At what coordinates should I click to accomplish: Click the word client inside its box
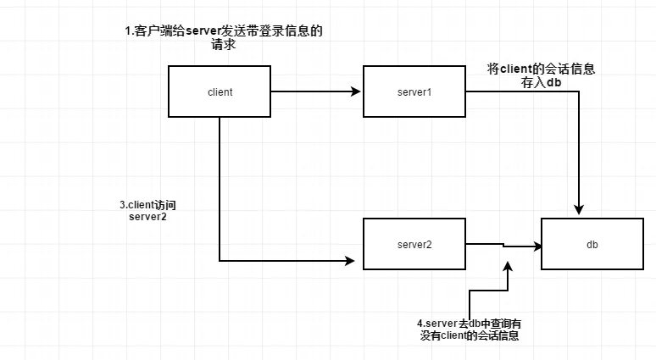[x=220, y=91]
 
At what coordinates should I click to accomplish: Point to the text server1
[x=414, y=91]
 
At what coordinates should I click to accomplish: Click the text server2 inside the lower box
[x=414, y=245]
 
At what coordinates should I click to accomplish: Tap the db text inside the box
[x=592, y=245]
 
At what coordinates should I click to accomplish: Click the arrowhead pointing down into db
[x=580, y=209]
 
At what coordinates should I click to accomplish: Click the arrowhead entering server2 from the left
[x=350, y=261]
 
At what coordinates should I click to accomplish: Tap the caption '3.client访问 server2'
[x=150, y=210]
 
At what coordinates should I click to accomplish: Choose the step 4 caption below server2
[x=469, y=330]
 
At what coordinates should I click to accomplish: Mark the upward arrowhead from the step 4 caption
[x=508, y=266]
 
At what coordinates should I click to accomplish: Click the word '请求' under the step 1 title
[x=223, y=46]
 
